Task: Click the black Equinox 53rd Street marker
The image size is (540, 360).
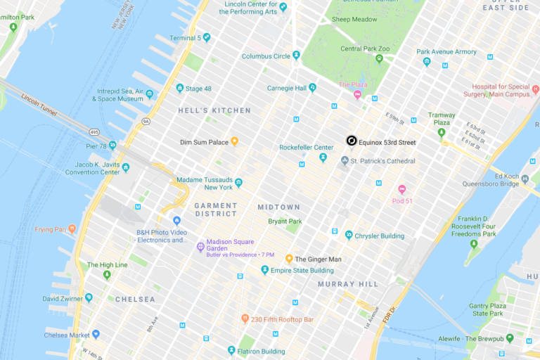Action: (x=351, y=141)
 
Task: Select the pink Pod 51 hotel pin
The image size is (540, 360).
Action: (x=402, y=189)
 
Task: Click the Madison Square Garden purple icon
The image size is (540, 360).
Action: (x=200, y=247)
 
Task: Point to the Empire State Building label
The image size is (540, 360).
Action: (x=302, y=271)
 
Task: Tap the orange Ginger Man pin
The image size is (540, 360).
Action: (x=288, y=259)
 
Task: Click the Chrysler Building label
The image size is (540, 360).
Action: (x=380, y=236)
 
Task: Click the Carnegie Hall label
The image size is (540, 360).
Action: (x=286, y=88)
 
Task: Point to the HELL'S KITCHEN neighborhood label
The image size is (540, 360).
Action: (x=214, y=110)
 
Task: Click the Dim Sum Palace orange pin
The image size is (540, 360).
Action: (x=235, y=141)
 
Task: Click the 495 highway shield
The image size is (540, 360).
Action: (x=94, y=131)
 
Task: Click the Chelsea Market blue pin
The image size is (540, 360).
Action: (x=96, y=334)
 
